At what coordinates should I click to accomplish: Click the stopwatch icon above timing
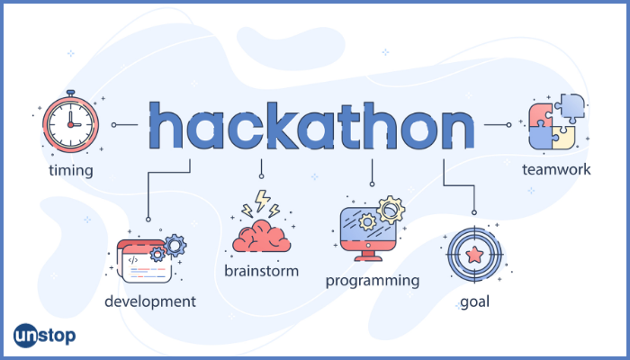71,121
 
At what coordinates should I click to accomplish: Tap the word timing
71,171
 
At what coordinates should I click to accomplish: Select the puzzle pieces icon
556,121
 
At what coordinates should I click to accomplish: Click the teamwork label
556,169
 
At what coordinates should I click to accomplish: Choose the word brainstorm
262,271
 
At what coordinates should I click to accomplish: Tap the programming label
373,281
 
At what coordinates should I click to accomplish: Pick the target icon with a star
474,255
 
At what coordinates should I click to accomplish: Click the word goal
474,301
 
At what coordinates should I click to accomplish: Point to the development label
150,301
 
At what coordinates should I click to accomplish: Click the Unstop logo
44,336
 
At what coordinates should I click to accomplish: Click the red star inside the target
474,255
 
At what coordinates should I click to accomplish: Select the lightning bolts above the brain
261,203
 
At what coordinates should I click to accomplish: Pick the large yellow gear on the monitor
391,210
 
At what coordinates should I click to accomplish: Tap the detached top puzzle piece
570,108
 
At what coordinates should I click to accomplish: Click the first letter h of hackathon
166,125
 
